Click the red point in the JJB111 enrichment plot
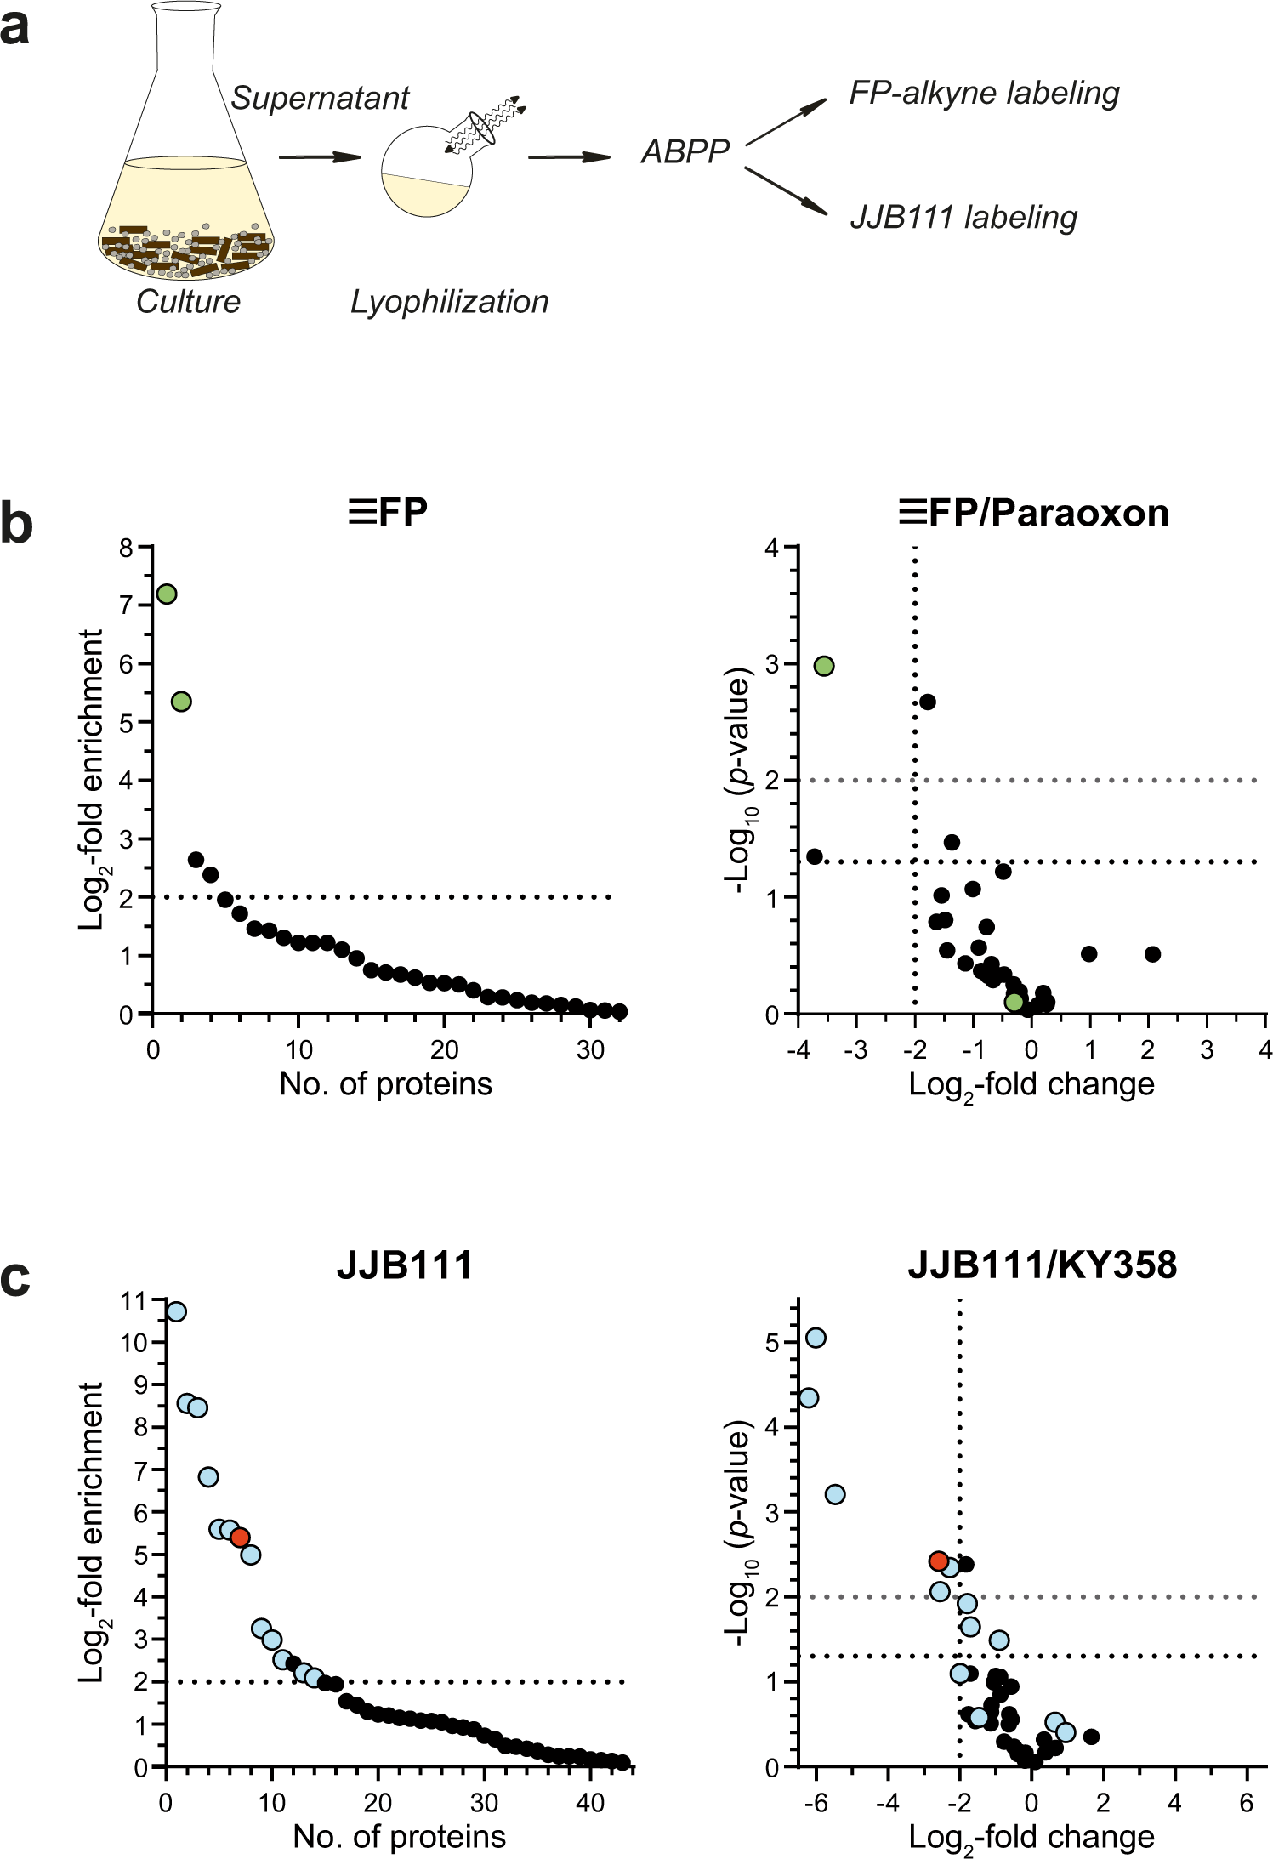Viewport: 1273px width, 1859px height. click(x=240, y=1537)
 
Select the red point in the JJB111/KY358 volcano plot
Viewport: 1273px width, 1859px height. click(x=938, y=1561)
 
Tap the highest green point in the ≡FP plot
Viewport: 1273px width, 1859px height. click(x=167, y=594)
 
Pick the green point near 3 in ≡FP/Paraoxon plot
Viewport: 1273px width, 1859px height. click(x=823, y=666)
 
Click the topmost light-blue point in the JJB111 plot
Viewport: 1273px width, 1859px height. click(x=176, y=1311)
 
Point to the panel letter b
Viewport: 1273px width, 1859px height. click(x=17, y=525)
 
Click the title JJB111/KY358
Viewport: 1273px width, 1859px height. click(x=1042, y=1265)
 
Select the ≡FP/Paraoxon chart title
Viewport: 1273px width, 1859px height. click(x=1034, y=513)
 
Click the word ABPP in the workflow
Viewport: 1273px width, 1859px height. click(x=685, y=152)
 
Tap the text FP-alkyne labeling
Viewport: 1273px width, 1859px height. click(x=984, y=93)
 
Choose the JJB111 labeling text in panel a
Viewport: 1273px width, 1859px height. click(x=963, y=218)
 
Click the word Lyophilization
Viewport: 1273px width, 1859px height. click(x=449, y=302)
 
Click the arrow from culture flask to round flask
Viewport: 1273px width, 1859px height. click(x=320, y=156)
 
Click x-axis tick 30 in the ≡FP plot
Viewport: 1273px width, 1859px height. click(x=590, y=1050)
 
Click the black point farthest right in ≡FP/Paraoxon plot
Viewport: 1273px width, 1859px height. click(x=1152, y=954)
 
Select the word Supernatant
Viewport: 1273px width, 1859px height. click(x=320, y=99)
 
